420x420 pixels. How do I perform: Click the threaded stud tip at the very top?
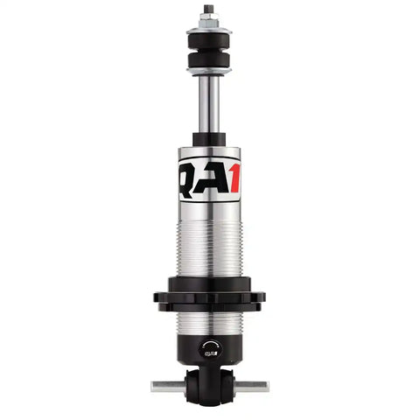(x=209, y=9)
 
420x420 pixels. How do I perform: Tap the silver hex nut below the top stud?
(x=209, y=21)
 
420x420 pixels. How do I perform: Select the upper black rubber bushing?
(x=209, y=39)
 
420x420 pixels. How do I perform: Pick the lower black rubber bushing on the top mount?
(x=209, y=61)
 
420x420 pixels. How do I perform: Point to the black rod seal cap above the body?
(x=209, y=139)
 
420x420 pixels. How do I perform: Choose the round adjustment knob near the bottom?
(x=208, y=347)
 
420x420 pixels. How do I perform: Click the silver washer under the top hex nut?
(x=209, y=29)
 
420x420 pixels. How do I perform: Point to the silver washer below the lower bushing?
(x=209, y=72)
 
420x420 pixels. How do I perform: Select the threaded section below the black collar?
(x=209, y=323)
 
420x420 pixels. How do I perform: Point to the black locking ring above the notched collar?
(x=209, y=282)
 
